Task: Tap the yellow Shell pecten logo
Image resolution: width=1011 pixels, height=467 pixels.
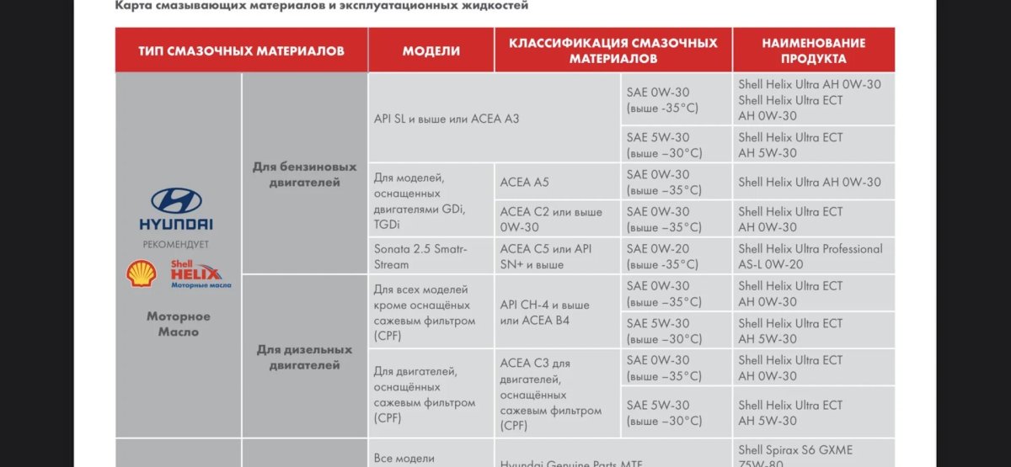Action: (142, 273)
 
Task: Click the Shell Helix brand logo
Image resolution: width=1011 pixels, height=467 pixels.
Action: (201, 273)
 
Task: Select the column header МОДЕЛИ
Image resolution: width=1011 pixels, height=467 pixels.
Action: (431, 50)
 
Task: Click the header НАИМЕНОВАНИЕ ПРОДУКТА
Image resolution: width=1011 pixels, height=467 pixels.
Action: (813, 50)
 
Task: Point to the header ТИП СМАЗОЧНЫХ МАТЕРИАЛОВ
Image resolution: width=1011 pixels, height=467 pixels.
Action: (242, 50)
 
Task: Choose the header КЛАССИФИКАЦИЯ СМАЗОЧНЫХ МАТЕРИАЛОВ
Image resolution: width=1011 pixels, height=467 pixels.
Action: (612, 50)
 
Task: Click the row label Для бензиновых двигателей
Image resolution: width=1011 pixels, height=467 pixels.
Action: (304, 174)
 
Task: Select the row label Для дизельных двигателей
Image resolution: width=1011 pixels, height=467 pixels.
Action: (304, 358)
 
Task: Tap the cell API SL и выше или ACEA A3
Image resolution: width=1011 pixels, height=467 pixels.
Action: (447, 119)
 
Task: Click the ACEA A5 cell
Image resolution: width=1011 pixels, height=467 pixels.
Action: (524, 182)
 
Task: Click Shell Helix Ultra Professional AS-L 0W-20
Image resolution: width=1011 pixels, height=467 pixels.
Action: (810, 257)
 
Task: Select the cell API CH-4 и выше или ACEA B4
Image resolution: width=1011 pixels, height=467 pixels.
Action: (544, 312)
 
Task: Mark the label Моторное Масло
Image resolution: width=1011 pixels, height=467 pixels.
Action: (179, 324)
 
